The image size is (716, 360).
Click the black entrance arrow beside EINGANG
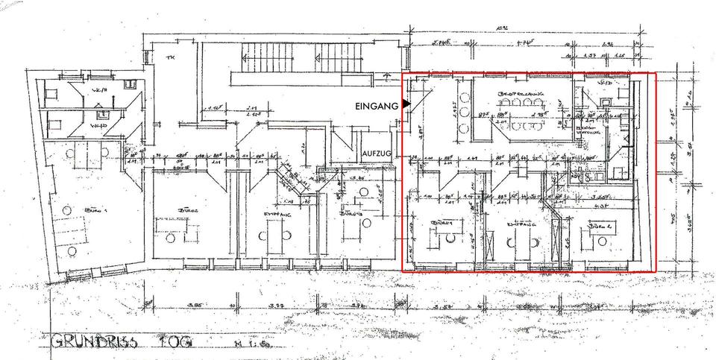coord(406,105)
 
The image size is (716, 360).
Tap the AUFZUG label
coord(377,153)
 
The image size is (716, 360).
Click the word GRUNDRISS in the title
coord(94,344)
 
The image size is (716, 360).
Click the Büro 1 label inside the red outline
coord(443,223)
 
